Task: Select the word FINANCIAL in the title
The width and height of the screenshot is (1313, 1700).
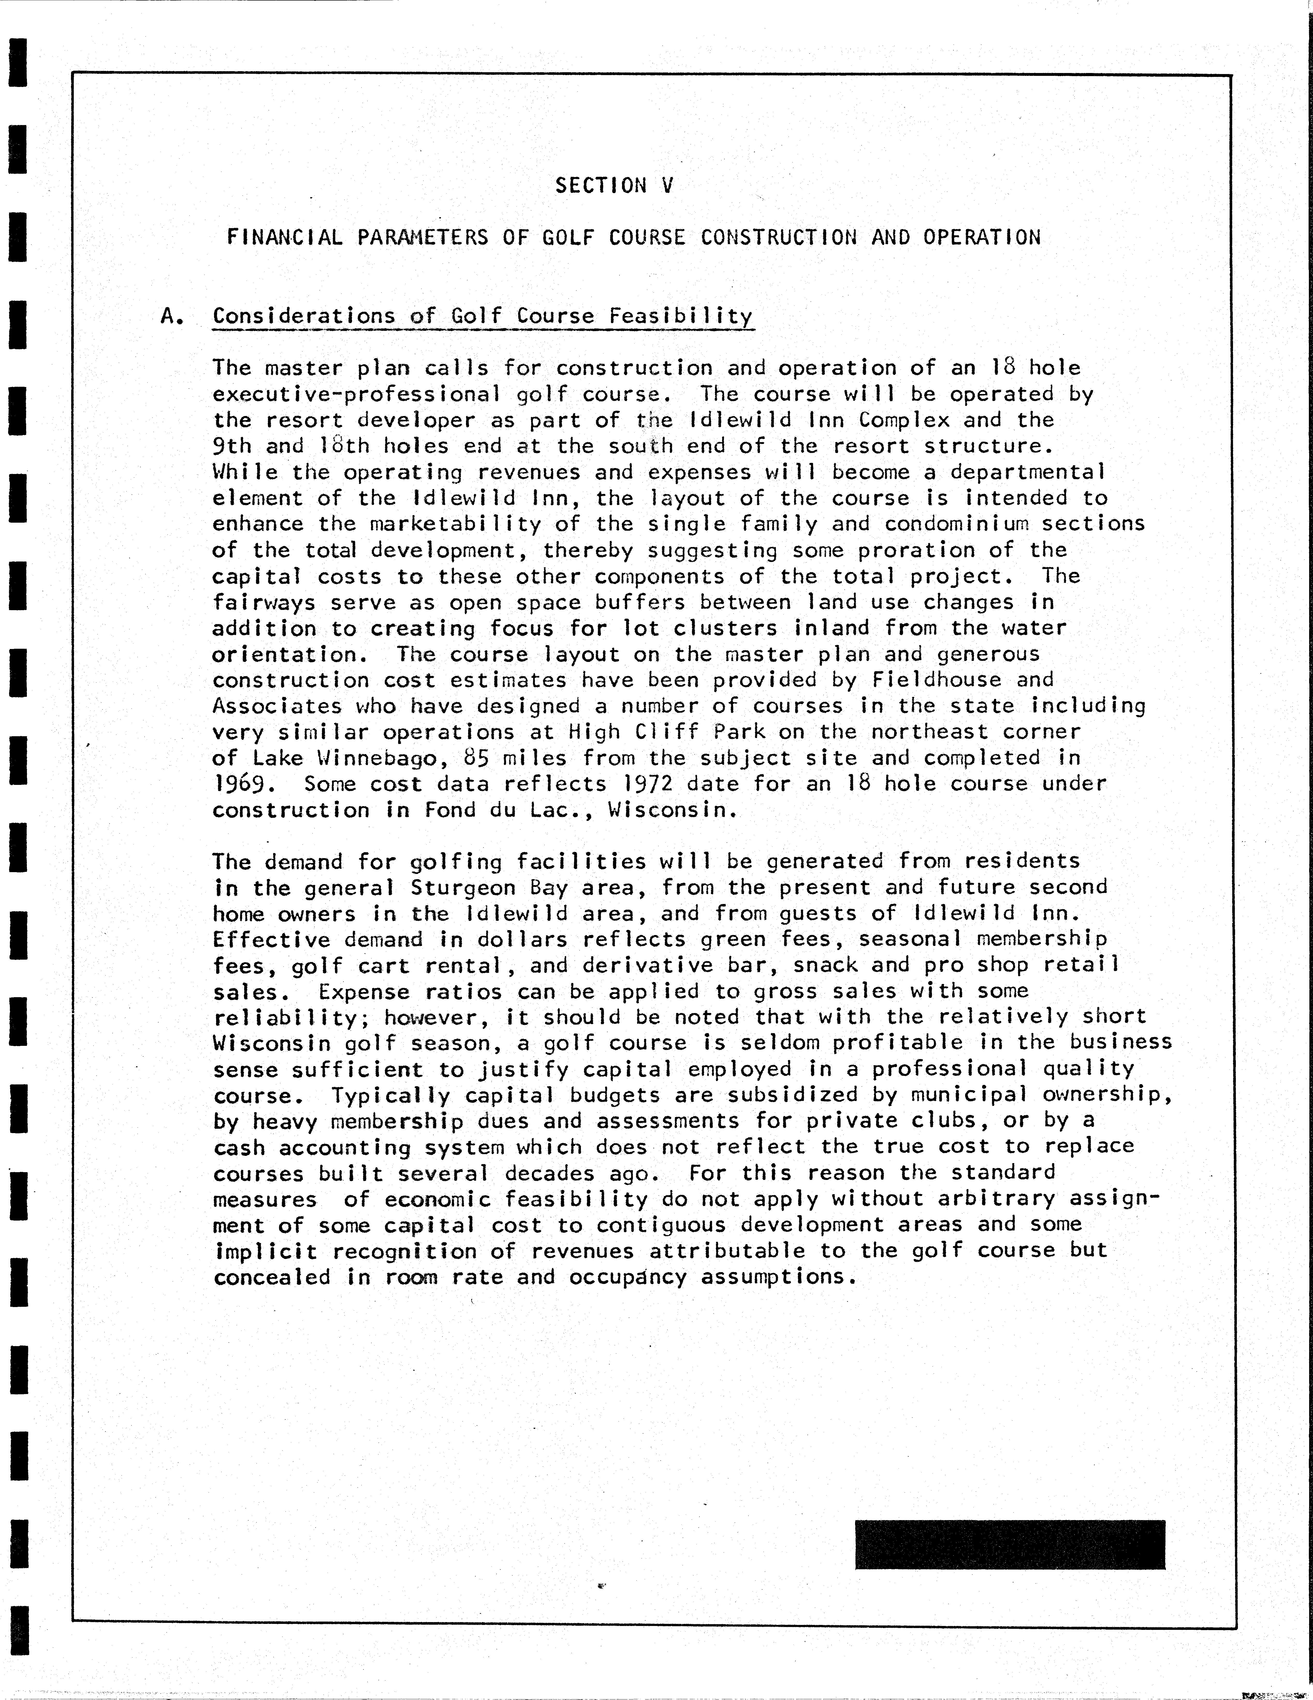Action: coord(284,237)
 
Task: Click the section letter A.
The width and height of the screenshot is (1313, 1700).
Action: coord(172,316)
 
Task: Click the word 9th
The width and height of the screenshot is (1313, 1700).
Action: coord(232,446)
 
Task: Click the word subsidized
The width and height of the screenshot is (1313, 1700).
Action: coord(792,1095)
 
